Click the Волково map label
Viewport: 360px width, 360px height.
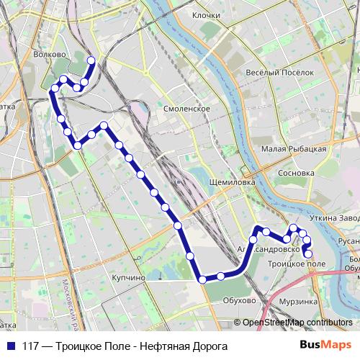[x=50, y=53]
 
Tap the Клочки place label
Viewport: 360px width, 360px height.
[x=206, y=14]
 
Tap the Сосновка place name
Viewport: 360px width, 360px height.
[x=297, y=174]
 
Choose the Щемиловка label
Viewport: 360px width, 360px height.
[x=231, y=183]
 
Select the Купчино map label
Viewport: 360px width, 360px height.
[x=129, y=276]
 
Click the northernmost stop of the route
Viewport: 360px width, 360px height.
[x=91, y=60]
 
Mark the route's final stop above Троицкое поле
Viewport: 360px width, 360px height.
[x=308, y=253]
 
